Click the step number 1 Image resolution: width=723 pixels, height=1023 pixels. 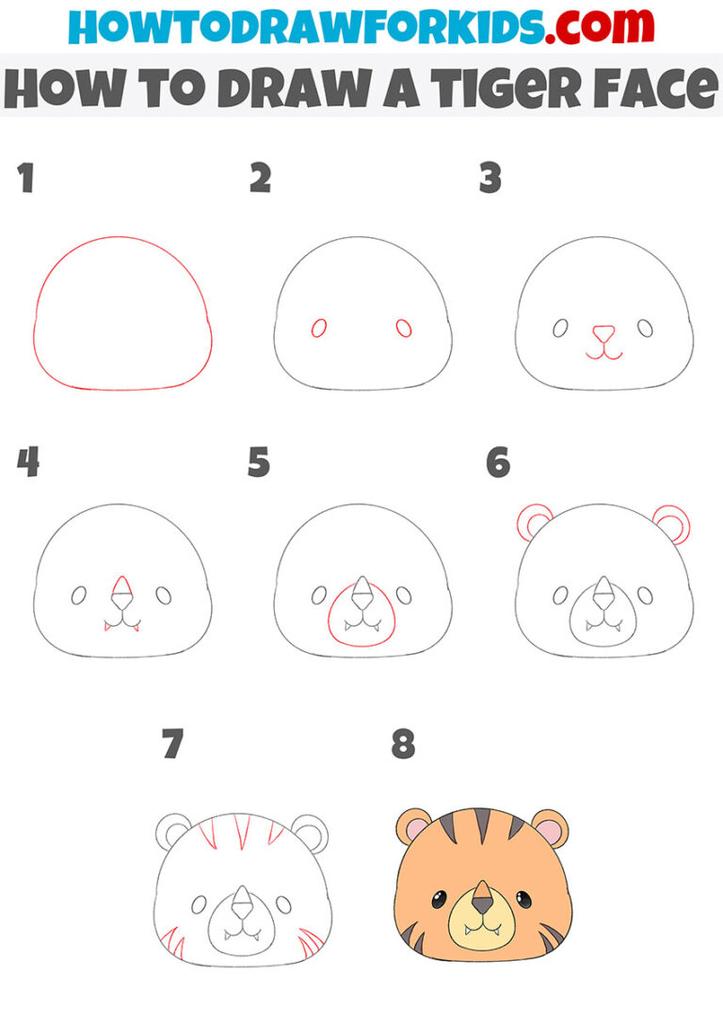coord(25,178)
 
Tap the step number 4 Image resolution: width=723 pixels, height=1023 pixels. coord(27,462)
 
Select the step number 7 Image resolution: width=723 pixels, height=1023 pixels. coord(170,744)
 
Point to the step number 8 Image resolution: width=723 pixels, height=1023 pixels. coord(403,744)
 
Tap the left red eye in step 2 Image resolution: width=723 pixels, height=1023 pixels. coord(319,328)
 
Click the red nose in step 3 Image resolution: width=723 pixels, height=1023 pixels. coord(602,333)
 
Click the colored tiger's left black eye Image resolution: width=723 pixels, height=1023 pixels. coord(440,900)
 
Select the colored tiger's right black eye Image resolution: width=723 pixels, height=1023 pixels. coord(523,900)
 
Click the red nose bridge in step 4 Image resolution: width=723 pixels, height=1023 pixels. coord(120,590)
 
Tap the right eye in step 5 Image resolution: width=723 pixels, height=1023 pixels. coord(404,595)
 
